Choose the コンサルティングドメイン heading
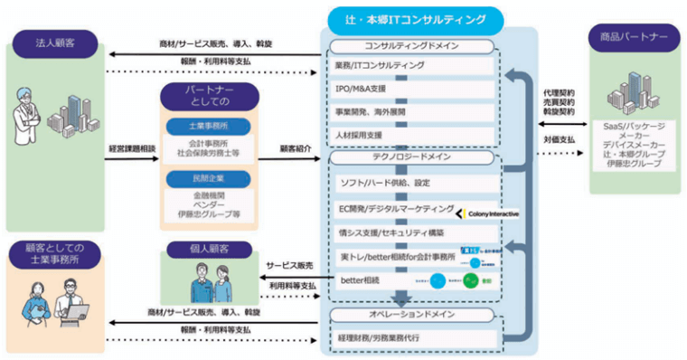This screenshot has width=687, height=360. (x=411, y=45)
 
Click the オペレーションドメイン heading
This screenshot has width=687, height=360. (x=411, y=314)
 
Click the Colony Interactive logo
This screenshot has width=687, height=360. (x=488, y=213)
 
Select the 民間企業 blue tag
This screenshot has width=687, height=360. (x=209, y=180)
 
